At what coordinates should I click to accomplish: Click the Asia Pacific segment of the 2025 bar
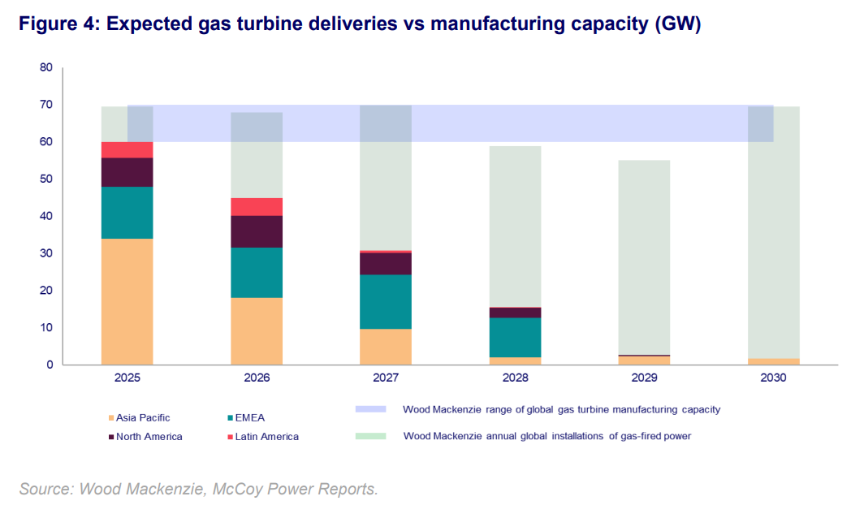tap(127, 301)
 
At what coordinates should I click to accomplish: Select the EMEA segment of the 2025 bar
tap(127, 213)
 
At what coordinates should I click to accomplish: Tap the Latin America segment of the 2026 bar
tap(257, 207)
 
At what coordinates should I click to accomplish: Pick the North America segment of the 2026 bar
tap(257, 232)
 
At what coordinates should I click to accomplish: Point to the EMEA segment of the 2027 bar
tap(386, 301)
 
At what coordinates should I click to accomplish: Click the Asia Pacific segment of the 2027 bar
tap(386, 347)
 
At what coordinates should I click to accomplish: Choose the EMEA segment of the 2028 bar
tap(515, 337)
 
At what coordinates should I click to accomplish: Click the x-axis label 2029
tap(644, 378)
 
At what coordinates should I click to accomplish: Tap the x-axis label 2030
tap(773, 378)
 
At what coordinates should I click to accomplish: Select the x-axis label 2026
tap(257, 378)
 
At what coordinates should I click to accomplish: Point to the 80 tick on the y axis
tap(45, 67)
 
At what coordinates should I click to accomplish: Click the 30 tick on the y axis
tap(45, 253)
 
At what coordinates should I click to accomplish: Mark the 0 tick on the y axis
tap(49, 365)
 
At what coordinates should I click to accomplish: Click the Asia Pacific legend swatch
tap(110, 418)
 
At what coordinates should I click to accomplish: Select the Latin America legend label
tap(266, 437)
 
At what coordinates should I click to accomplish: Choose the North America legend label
tap(149, 437)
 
